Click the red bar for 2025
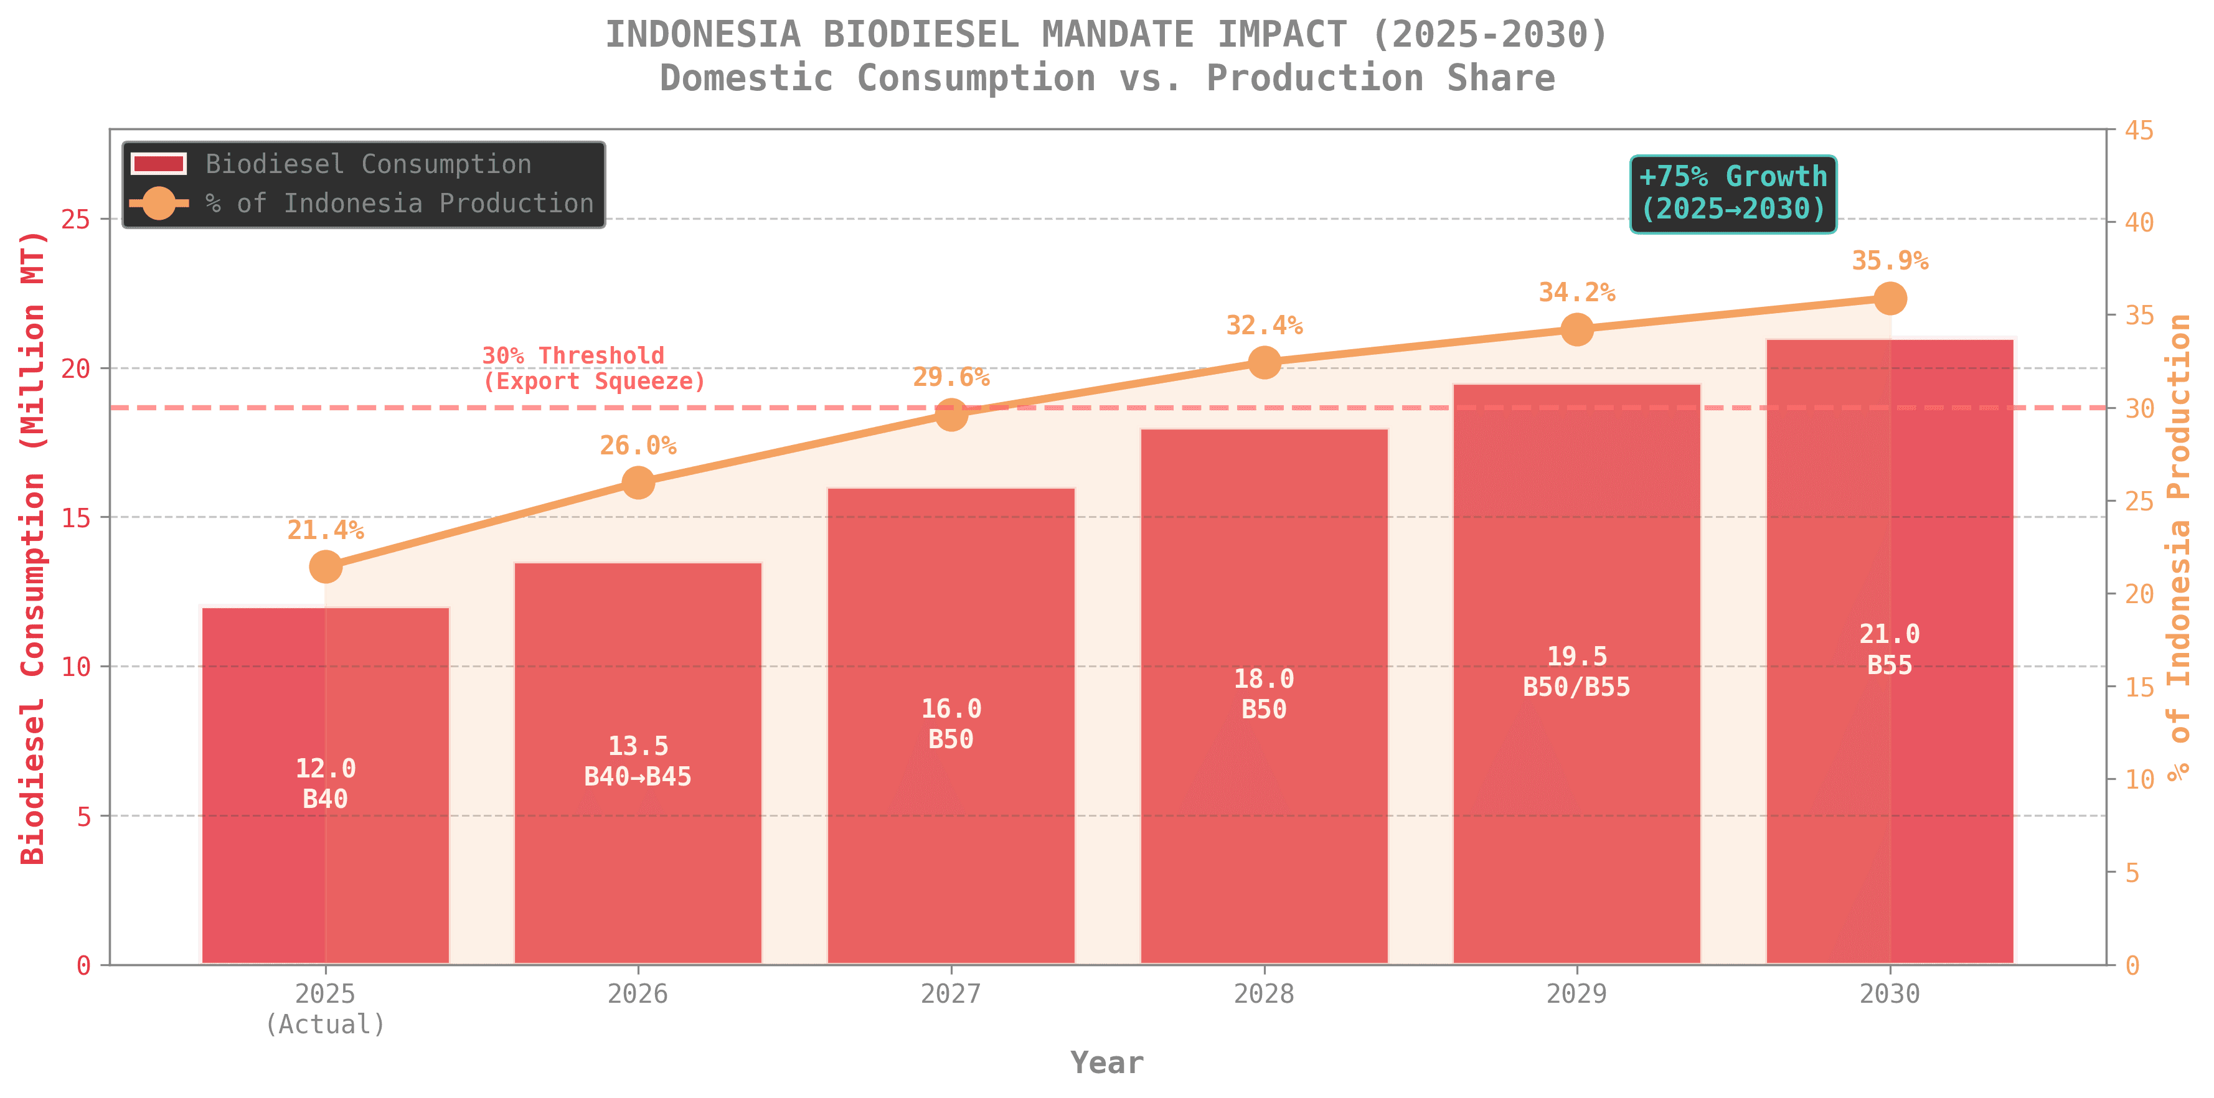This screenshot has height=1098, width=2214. (325, 859)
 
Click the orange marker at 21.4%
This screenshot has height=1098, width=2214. (325, 567)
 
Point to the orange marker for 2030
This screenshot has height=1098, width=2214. (1889, 299)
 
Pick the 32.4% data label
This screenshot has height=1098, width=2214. (1263, 326)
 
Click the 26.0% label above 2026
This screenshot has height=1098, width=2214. (638, 446)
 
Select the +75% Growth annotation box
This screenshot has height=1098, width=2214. (1733, 194)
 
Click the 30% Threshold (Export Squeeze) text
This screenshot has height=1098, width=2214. (593, 368)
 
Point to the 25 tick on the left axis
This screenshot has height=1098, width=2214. (77, 219)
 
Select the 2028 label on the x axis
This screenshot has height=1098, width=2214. (1263, 994)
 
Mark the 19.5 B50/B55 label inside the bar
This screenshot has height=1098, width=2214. (1576, 672)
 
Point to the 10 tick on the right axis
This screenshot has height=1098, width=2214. (2139, 779)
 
